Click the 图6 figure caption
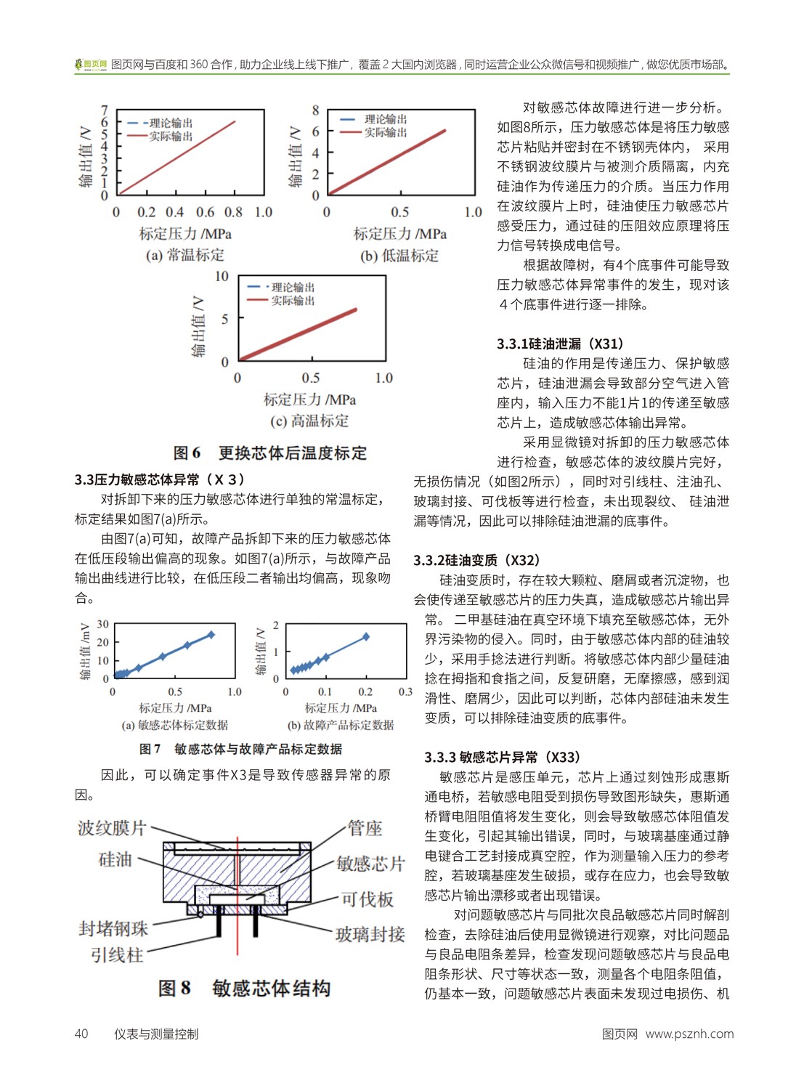click(269, 453)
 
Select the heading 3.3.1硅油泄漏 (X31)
click(560, 344)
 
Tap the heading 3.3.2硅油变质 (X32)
click(477, 560)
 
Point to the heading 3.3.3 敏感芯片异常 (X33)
click(503, 757)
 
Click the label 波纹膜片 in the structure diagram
click(112, 828)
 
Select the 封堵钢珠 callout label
click(113, 928)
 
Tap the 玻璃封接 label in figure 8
click(370, 934)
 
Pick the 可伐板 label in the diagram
click(368, 899)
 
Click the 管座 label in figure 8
click(365, 828)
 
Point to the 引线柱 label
click(116, 954)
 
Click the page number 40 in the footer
click(81, 1034)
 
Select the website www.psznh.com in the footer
click(689, 1034)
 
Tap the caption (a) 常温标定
click(185, 255)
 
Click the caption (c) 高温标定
click(309, 421)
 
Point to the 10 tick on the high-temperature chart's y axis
click(222, 277)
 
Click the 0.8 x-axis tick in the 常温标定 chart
click(233, 212)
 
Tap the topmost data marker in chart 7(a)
click(211, 635)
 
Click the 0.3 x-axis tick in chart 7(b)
click(405, 692)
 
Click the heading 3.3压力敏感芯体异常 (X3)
click(160, 479)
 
